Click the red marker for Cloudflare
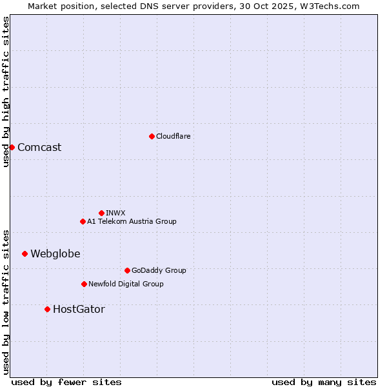(x=152, y=136)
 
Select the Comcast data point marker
(x=12, y=147)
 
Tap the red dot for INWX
(x=101, y=213)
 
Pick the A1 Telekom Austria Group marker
(x=83, y=221)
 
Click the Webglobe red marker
(x=25, y=253)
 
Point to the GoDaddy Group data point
(x=127, y=270)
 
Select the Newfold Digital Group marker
(x=84, y=284)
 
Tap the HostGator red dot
(x=47, y=309)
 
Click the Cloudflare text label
(x=173, y=136)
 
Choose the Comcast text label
(x=39, y=147)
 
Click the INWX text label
(x=115, y=213)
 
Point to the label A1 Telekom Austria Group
(x=132, y=221)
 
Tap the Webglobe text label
(x=55, y=253)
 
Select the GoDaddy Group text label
(x=159, y=270)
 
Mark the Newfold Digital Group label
(x=126, y=284)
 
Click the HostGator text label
(x=79, y=309)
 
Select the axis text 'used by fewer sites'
(x=66, y=382)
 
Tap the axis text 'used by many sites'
(x=324, y=382)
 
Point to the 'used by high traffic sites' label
(x=6, y=91)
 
